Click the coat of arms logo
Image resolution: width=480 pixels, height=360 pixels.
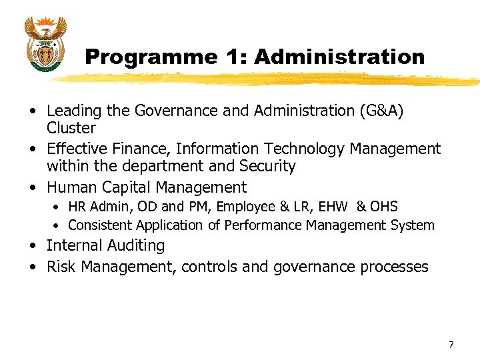(45, 45)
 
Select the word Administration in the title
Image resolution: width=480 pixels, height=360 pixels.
(339, 57)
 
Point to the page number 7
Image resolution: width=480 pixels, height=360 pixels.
(451, 345)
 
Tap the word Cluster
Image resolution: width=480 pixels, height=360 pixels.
(71, 128)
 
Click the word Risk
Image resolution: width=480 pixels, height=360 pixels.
(61, 267)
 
